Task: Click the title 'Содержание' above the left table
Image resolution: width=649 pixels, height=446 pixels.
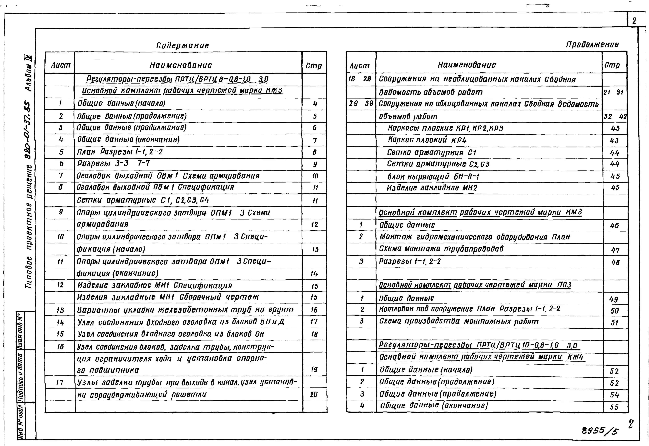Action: pyautogui.click(x=182, y=46)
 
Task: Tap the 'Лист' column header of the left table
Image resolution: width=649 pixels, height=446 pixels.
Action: pyautogui.click(x=60, y=65)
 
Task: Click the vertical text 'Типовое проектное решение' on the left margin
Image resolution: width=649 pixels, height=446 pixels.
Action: pyautogui.click(x=29, y=226)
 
